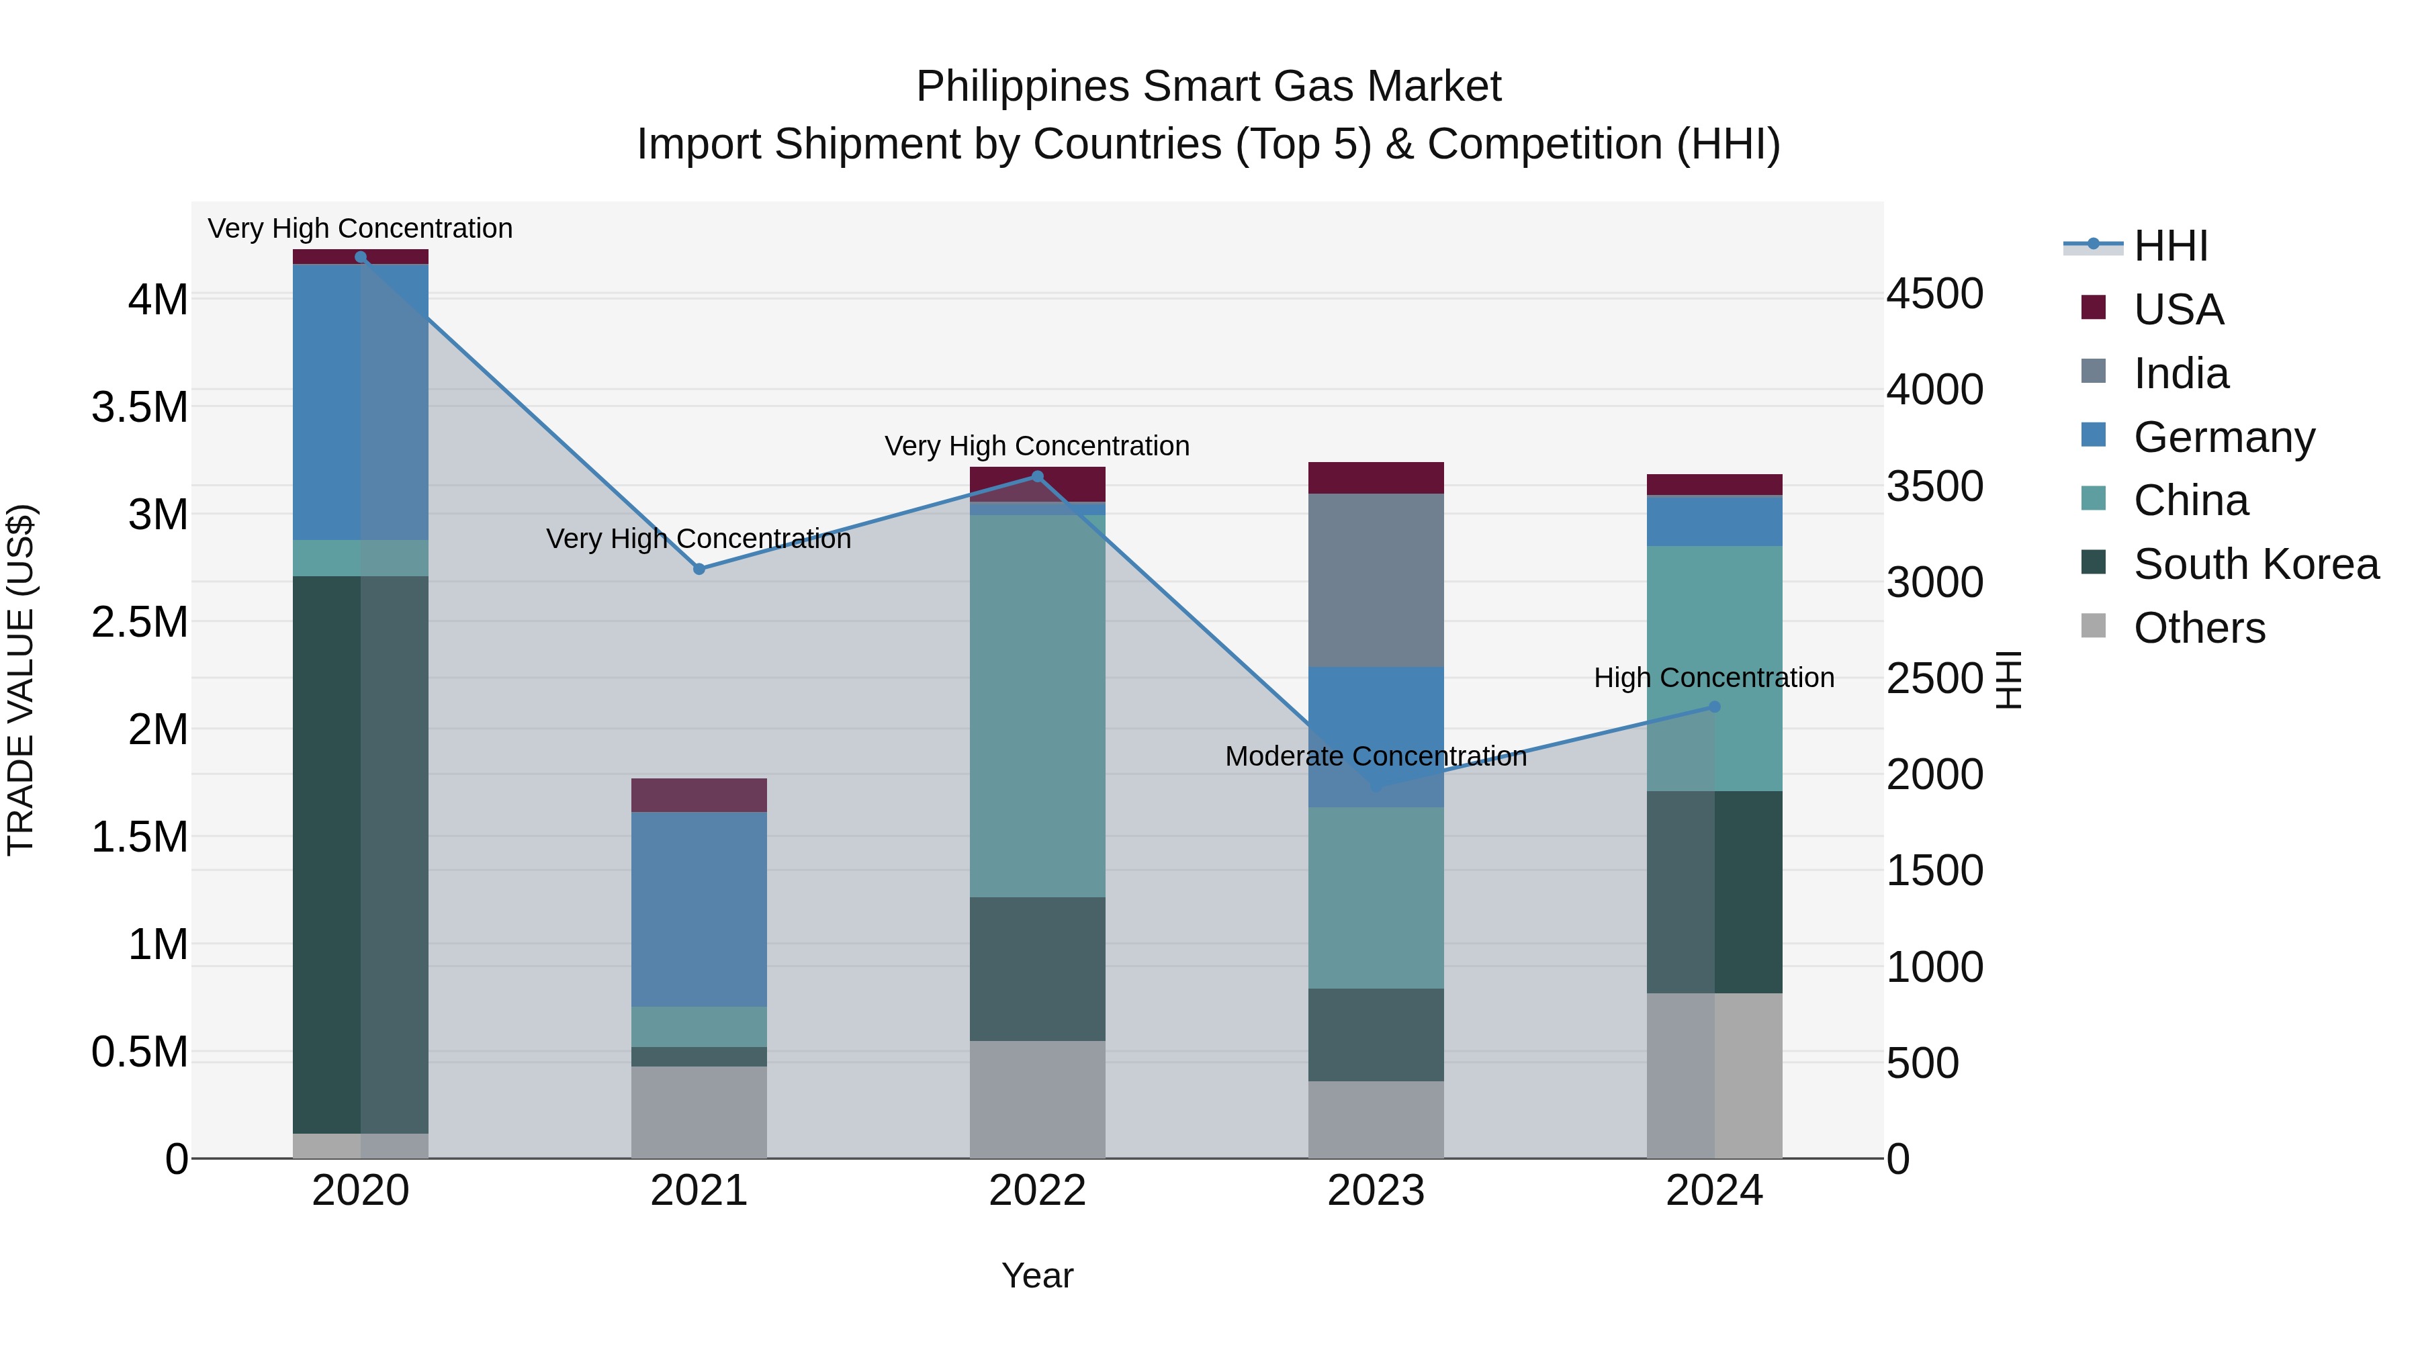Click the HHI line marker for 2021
point(699,569)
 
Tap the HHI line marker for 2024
point(1714,707)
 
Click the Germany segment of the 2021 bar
point(699,909)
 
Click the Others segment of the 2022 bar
point(1037,1099)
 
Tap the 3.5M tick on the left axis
point(140,408)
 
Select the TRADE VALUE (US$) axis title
point(21,680)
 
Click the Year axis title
point(1037,1275)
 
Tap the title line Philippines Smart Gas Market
point(1208,87)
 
